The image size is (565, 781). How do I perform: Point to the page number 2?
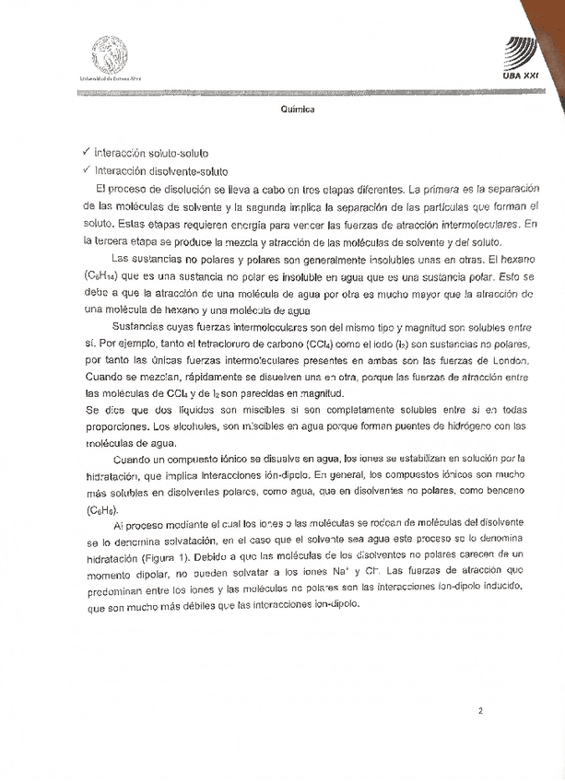pos(480,710)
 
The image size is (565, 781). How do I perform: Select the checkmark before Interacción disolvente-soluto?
pos(86,170)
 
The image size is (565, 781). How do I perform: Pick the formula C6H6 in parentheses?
pos(101,509)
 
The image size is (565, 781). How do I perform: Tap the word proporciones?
pos(114,425)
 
